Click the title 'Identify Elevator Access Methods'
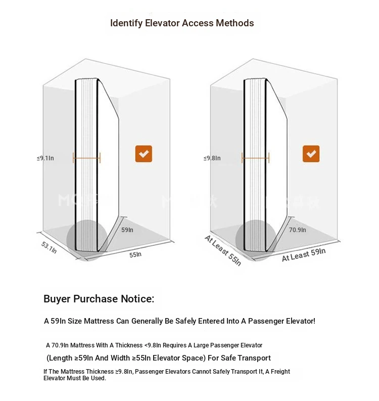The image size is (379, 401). pos(182,23)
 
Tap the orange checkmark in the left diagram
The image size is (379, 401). pos(144,154)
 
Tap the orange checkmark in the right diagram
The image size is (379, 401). pos(311,154)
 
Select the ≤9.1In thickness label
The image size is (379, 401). pos(45,158)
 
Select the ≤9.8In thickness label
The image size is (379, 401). pos(212,158)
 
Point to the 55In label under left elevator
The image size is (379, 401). pos(135,254)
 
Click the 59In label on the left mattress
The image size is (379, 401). pos(127,230)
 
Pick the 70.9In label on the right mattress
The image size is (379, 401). pos(298,230)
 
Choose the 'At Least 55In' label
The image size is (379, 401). pos(223,251)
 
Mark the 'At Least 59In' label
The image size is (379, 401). pos(304,255)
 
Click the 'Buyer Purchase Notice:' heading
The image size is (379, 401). pos(99,299)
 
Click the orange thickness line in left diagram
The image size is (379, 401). pos(87,158)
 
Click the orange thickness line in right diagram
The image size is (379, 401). pos(255,158)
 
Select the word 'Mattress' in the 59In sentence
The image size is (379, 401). pos(100,321)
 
